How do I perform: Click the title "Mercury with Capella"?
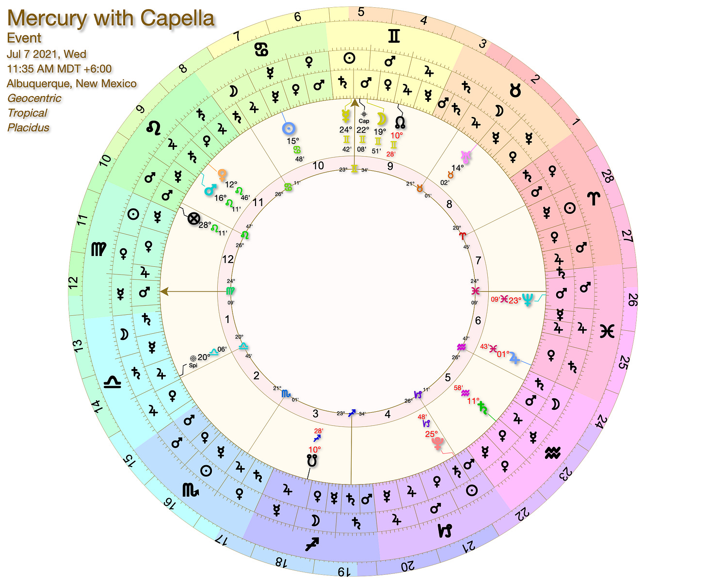pyautogui.click(x=111, y=18)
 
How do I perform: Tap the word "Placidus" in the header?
pyautogui.click(x=28, y=128)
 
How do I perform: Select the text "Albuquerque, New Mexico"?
pyautogui.click(x=72, y=83)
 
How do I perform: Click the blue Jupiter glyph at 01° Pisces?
pyautogui.click(x=515, y=358)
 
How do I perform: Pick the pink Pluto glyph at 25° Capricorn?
pyautogui.click(x=438, y=443)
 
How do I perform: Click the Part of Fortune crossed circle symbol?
pyautogui.click(x=193, y=219)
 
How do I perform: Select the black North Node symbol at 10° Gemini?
pyautogui.click(x=401, y=121)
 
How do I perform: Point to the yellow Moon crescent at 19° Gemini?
pyautogui.click(x=382, y=119)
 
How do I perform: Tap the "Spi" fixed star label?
pyautogui.click(x=193, y=365)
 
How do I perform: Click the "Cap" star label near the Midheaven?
pyautogui.click(x=364, y=121)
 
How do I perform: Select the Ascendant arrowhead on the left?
pyautogui.click(x=164, y=291)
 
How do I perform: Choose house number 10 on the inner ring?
pyautogui.click(x=318, y=165)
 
